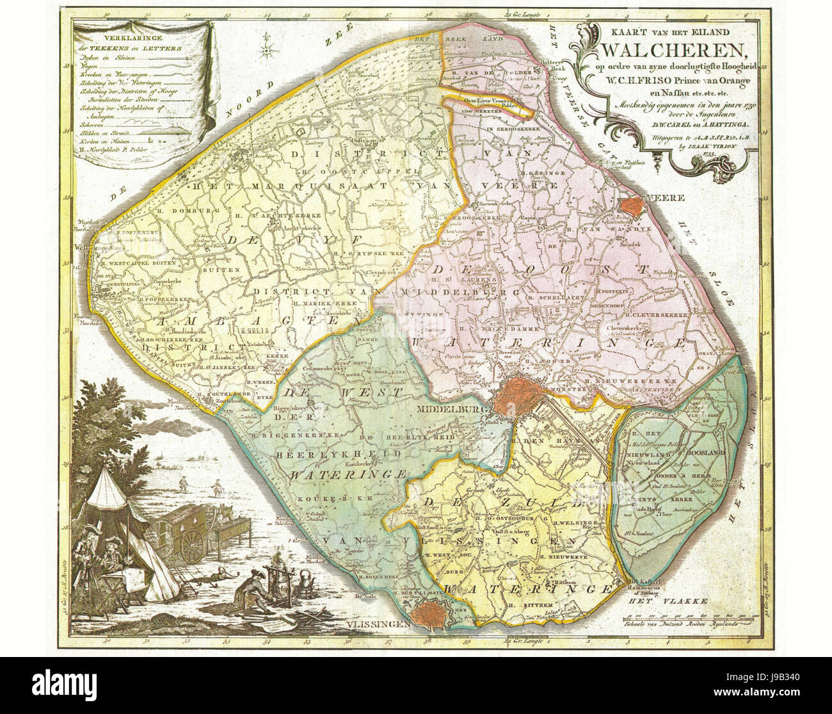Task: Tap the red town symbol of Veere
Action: pos(634,205)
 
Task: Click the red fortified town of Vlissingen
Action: pos(427,615)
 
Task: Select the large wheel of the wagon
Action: pos(191,544)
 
